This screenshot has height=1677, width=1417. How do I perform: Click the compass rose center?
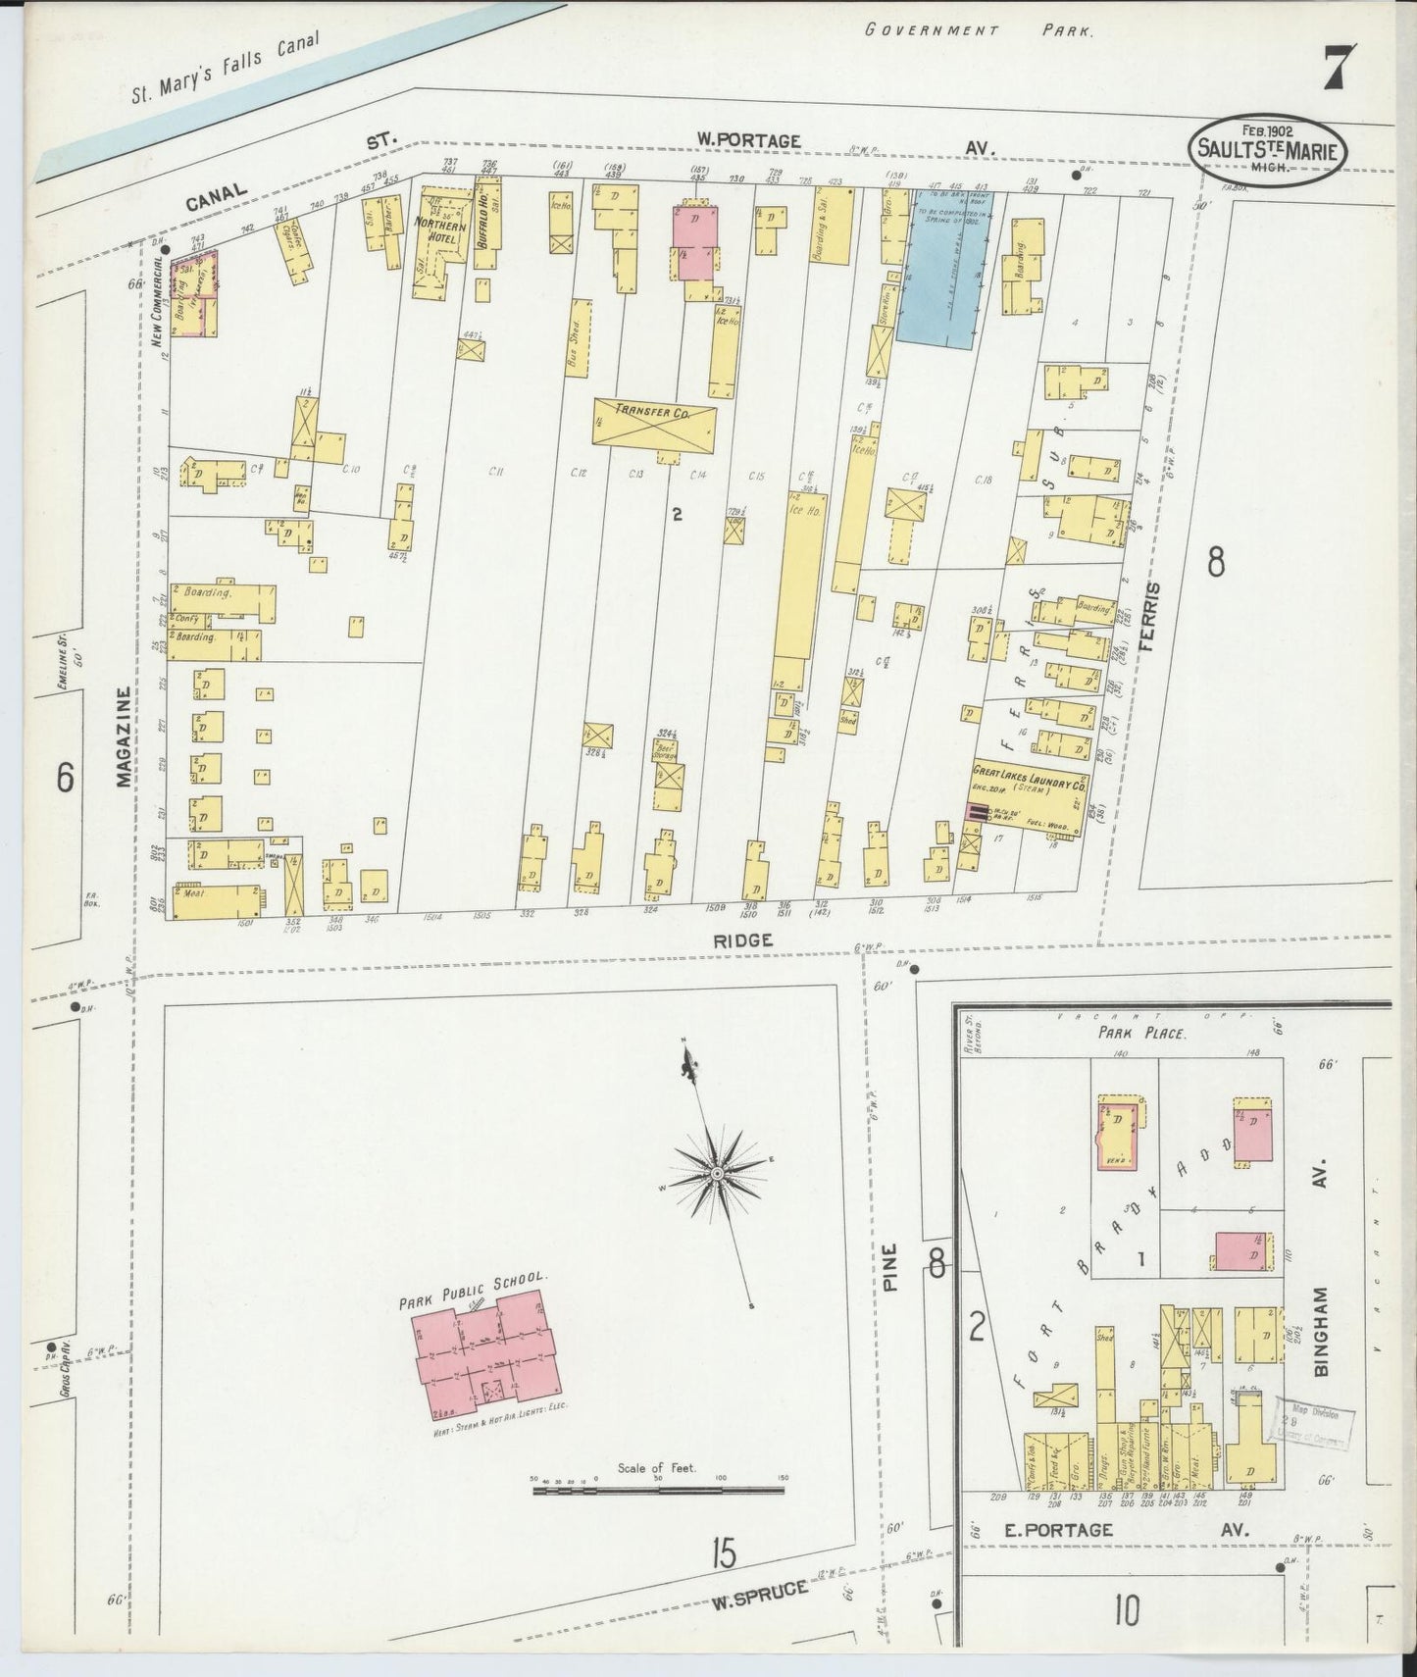[x=717, y=1173]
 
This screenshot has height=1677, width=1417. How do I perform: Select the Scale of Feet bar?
[x=659, y=1491]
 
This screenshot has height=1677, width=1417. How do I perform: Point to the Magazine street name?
[x=124, y=737]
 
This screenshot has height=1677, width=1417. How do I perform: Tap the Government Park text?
[x=979, y=29]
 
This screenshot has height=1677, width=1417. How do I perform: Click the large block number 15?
[x=723, y=1552]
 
